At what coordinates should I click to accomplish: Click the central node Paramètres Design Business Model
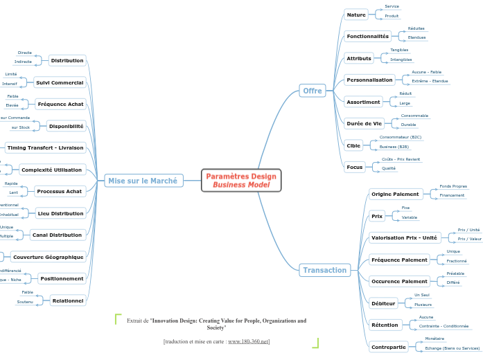click(x=240, y=180)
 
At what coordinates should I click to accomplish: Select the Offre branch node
click(x=313, y=91)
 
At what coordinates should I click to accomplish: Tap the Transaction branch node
click(x=324, y=270)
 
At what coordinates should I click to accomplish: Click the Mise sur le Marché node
click(x=143, y=181)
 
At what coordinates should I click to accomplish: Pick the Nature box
click(x=356, y=15)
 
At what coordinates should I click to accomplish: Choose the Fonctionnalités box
click(x=368, y=36)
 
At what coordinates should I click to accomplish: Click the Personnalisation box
click(x=369, y=80)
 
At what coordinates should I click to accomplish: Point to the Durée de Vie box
click(x=364, y=123)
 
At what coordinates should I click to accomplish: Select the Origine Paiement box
click(x=395, y=194)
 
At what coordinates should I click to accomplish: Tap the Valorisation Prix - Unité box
click(x=404, y=237)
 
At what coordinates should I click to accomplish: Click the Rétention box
click(x=385, y=325)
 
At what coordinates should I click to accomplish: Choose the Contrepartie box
click(x=388, y=347)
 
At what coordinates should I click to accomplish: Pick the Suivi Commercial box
click(x=60, y=82)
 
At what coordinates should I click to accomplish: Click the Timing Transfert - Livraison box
click(x=45, y=147)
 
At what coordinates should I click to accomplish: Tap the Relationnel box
click(x=68, y=300)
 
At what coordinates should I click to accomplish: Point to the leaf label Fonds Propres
click(x=453, y=186)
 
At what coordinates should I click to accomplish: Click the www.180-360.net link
click(x=248, y=341)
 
